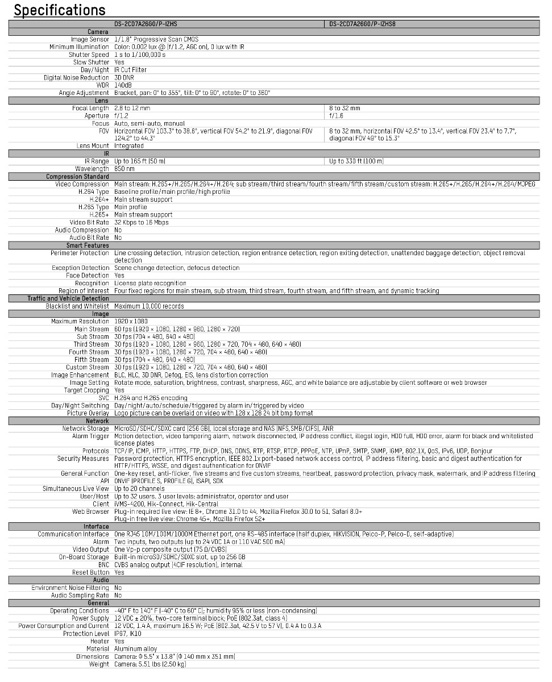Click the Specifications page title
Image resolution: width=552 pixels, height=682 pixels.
pos(60,10)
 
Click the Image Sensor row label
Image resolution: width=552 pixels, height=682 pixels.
pos(89,39)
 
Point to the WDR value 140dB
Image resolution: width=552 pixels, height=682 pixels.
pos(123,85)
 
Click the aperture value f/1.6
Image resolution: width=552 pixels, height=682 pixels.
pos(337,115)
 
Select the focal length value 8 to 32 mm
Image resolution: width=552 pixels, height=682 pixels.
pos(345,108)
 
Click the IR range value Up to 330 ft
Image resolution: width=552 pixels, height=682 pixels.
pos(356,161)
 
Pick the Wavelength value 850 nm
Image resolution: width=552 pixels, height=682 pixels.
pos(124,169)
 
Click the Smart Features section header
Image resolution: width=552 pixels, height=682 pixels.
pos(87,245)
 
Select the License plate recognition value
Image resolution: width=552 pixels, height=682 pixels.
pos(150,283)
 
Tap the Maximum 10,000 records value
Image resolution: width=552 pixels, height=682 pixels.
pos(149,306)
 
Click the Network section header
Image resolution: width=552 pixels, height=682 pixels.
pos(97,421)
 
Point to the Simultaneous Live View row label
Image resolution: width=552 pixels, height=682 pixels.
pos(76,489)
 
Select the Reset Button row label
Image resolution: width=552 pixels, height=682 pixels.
pos(91,572)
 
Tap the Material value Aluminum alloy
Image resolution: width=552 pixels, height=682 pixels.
pos(135,649)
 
